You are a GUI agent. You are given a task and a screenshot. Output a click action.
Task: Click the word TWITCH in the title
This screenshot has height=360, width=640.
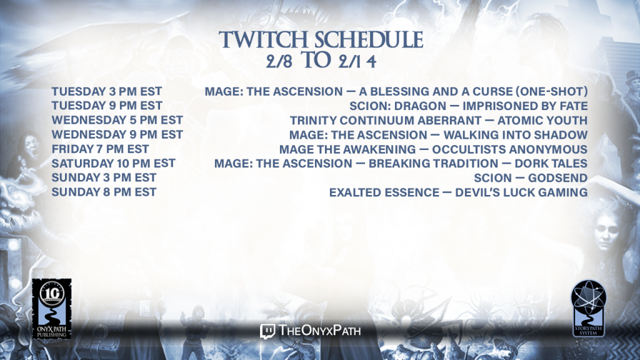tap(263, 40)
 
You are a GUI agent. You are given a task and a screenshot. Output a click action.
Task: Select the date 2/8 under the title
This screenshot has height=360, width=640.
tap(279, 62)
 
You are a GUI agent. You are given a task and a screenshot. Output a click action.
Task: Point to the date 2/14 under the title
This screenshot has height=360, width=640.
tap(357, 62)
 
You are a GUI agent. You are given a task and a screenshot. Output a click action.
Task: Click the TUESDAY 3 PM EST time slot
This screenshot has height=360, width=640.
tap(106, 91)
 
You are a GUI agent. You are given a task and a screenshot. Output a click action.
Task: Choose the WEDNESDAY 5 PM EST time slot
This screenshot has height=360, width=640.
tap(117, 120)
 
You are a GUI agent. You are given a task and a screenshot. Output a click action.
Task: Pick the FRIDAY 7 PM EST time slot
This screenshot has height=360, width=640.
tap(100, 149)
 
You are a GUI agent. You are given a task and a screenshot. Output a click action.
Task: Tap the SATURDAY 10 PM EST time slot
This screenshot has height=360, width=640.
tap(114, 163)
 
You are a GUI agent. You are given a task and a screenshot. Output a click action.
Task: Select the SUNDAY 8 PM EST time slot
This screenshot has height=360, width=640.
tap(104, 192)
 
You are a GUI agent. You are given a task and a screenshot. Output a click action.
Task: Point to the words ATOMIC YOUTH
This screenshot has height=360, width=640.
tap(542, 121)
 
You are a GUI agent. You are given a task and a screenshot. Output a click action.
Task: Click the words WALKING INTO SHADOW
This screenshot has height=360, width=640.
tap(516, 135)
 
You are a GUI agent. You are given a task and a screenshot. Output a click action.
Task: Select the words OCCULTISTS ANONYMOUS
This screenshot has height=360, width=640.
tap(510, 149)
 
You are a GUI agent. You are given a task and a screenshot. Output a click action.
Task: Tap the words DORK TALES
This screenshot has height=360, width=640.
tap(551, 164)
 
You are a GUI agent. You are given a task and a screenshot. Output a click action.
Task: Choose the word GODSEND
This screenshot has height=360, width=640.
tap(558, 178)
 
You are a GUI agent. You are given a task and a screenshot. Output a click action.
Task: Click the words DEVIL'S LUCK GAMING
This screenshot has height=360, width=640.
tap(521, 192)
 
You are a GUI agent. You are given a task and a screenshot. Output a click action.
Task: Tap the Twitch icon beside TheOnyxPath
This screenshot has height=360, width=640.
tap(267, 331)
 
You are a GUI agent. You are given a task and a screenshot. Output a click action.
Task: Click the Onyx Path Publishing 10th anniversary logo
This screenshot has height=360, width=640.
tap(52, 309)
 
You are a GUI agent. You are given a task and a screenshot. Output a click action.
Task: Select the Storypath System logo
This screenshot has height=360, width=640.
tap(588, 308)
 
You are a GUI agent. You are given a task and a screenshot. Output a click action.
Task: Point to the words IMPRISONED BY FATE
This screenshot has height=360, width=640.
tap(525, 106)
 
